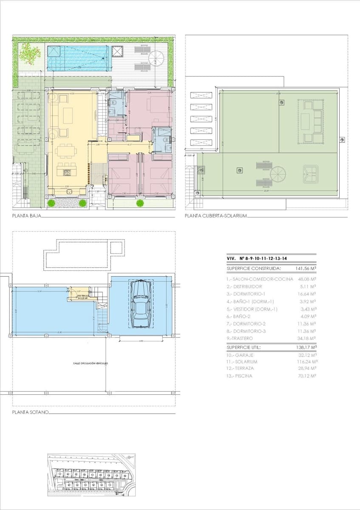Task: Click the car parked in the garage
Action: tap(141, 305)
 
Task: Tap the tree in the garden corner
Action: tap(28, 53)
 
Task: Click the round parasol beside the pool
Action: tap(156, 58)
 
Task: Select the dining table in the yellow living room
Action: tap(67, 150)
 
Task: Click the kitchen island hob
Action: tap(67, 173)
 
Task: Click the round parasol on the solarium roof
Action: tap(278, 174)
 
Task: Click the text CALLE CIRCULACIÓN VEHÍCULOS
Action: tap(90, 363)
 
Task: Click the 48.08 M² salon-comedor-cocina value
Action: tap(306, 279)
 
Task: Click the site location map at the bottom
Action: tap(91, 475)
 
